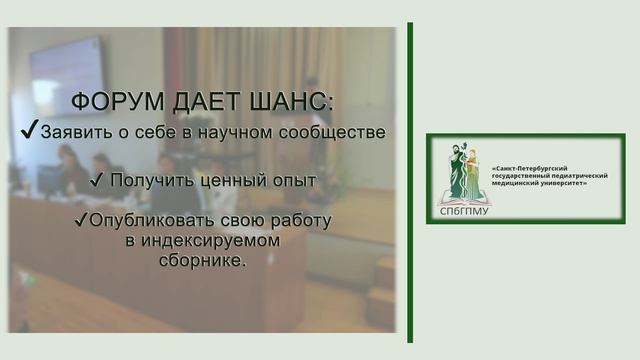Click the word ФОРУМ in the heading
[110, 105]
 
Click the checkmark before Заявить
[30, 132]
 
